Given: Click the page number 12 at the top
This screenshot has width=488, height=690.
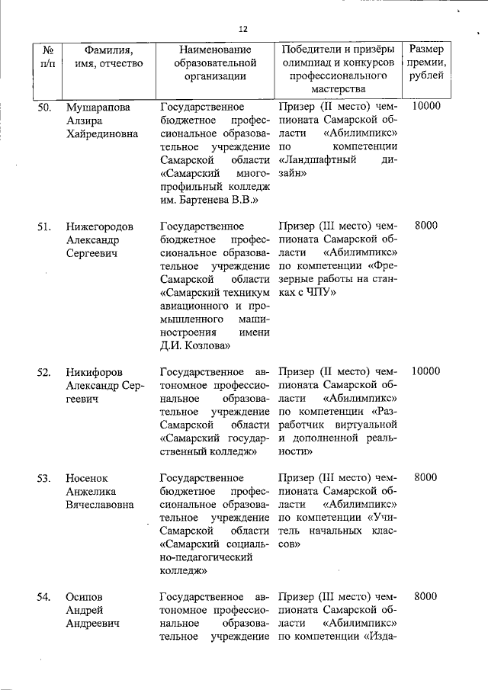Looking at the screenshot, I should (243, 29).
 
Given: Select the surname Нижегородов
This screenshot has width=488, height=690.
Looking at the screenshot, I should (100, 226).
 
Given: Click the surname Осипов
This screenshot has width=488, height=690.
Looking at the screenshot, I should (85, 597).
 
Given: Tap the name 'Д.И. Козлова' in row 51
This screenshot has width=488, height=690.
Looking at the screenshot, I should (196, 345).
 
